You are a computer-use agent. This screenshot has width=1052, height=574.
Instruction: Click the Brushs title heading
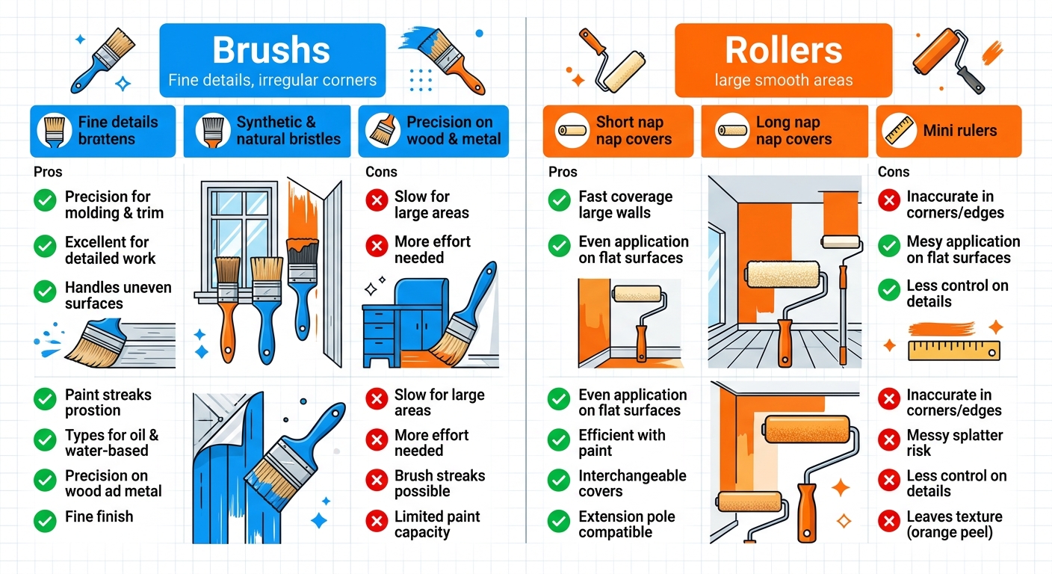(271, 51)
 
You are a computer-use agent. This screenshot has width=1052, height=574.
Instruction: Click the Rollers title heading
(783, 51)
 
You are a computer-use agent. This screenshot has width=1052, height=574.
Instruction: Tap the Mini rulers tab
(948, 131)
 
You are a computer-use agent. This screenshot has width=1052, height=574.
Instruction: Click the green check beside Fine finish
(45, 517)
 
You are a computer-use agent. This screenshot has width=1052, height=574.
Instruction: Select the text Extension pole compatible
(626, 524)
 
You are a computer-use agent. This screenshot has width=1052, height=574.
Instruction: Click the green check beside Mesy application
(888, 246)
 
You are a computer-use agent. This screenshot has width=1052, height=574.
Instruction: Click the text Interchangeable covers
(622, 484)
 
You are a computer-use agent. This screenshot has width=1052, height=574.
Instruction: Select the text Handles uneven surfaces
(118, 295)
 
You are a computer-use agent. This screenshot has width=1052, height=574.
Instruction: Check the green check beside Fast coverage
(559, 200)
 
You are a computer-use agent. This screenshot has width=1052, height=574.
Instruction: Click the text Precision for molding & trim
(114, 204)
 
